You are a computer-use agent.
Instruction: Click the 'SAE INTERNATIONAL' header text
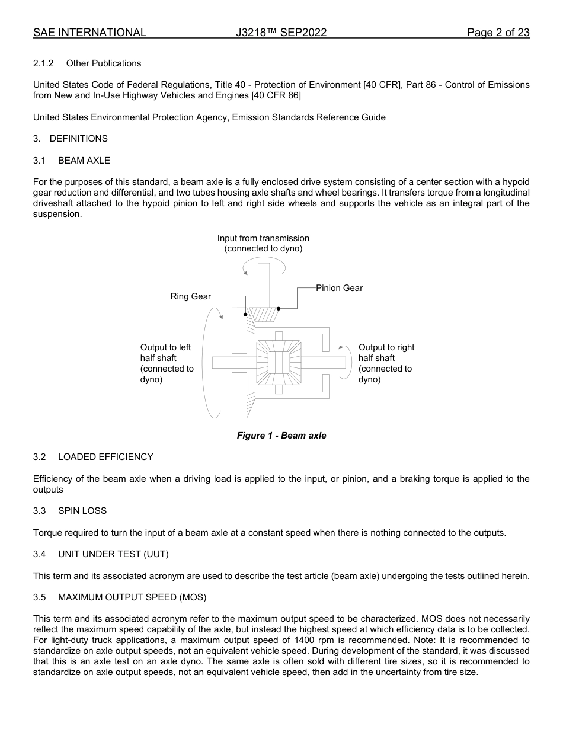pyautogui.click(x=89, y=33)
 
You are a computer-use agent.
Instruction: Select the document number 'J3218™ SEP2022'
pyautogui.click(x=281, y=33)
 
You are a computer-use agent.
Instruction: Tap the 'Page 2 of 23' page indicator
pyautogui.click(x=498, y=33)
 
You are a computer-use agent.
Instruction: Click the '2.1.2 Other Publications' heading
pyautogui.click(x=87, y=63)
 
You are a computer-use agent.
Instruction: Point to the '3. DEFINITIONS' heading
pyautogui.click(x=71, y=139)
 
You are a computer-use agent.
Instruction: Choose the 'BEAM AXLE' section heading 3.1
pyautogui.click(x=72, y=161)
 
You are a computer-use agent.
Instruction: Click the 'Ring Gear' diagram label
pyautogui.click(x=190, y=296)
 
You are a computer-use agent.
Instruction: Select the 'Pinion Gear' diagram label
pyautogui.click(x=339, y=288)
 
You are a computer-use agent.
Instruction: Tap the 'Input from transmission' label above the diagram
pyautogui.click(x=263, y=238)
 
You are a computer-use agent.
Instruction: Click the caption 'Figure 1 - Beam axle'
pyautogui.click(x=281, y=436)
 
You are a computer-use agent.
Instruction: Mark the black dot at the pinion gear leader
pyautogui.click(x=279, y=308)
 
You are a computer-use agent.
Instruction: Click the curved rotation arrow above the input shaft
pyautogui.click(x=264, y=265)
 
